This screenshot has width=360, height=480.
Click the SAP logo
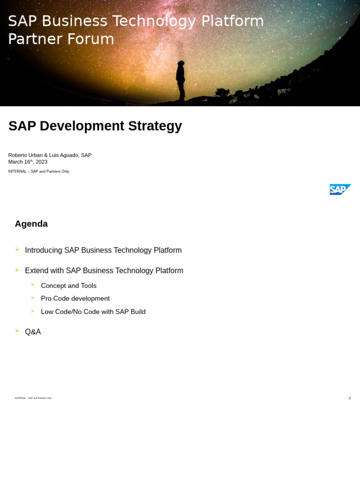pos(340,189)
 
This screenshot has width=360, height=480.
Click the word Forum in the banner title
pos(92,39)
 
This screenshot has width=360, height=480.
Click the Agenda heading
pos(31,224)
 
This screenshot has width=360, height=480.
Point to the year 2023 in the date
pos(41,162)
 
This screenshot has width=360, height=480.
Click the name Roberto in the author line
pos(18,155)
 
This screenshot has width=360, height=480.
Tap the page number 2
pos(349,398)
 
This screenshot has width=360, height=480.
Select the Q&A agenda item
pos(33,332)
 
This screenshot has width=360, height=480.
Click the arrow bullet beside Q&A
pos(17,331)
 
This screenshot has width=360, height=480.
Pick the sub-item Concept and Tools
pos(68,286)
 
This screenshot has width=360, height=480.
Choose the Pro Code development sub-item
pos(75,299)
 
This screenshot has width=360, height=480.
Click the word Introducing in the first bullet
pos(43,250)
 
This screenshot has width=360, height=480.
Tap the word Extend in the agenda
pos(36,271)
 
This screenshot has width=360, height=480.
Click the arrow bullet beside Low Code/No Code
pos(33,311)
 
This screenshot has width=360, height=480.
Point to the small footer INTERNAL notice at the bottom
pos(33,398)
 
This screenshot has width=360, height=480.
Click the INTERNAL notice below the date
pos(38,172)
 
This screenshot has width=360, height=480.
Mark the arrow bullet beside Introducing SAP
pos(17,250)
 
